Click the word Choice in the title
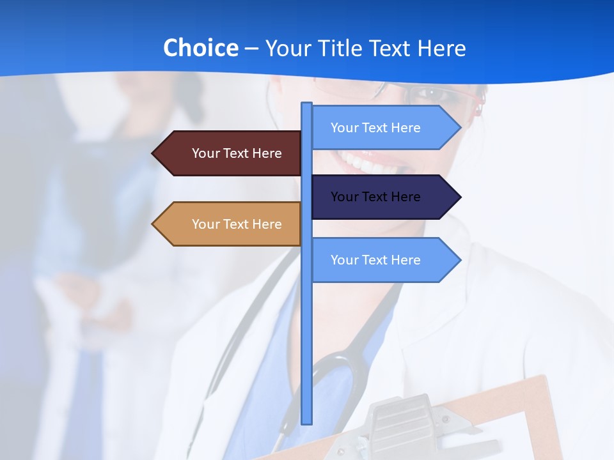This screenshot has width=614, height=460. pyautogui.click(x=200, y=48)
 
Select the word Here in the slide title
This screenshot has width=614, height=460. pyautogui.click(x=441, y=48)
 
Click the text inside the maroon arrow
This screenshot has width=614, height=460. pyautogui.click(x=237, y=153)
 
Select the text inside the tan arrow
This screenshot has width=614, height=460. pyautogui.click(x=237, y=224)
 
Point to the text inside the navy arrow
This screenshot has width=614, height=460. pyautogui.click(x=375, y=197)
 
